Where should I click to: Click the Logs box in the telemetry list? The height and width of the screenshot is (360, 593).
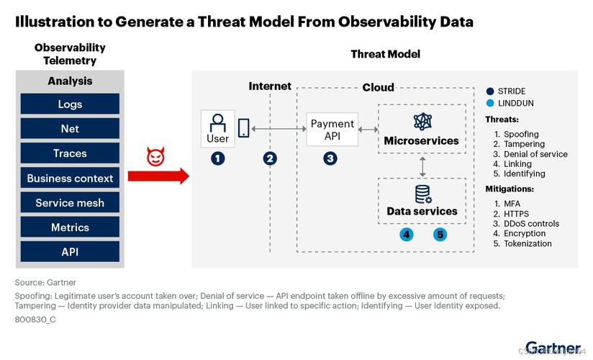coord(70,104)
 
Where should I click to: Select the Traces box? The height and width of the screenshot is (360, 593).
coord(70,153)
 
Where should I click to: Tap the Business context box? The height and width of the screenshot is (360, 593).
coord(70,178)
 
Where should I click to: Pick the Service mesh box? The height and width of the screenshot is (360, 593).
coord(70,203)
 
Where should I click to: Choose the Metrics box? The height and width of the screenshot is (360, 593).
coord(70,228)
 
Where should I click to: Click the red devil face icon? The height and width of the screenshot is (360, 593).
coord(155,157)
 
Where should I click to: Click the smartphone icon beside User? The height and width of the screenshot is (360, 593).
coord(243,128)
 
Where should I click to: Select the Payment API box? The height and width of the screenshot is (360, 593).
coord(332,130)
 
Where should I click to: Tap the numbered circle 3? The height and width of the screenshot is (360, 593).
coord(330,158)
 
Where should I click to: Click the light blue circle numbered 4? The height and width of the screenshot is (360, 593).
coord(407,234)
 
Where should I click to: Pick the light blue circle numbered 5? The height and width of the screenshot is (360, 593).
coord(440,234)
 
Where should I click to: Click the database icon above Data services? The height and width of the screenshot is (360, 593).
coord(422,194)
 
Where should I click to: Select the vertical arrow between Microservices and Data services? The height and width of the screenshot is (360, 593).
coord(422,166)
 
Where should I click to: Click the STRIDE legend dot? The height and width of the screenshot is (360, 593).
coord(490,91)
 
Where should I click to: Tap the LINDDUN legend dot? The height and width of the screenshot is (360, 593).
coord(490,104)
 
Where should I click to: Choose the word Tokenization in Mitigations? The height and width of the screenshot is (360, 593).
coord(528,243)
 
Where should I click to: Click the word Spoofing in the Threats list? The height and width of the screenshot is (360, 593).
coord(521,135)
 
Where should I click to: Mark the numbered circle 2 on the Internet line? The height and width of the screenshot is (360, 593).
coord(270,158)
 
